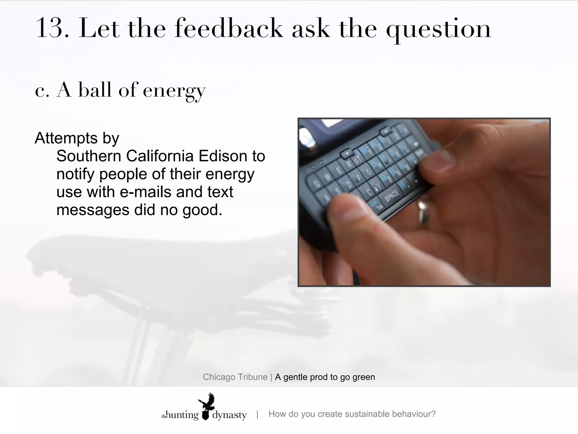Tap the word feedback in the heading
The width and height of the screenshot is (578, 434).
(x=229, y=28)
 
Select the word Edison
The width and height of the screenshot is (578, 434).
(x=223, y=156)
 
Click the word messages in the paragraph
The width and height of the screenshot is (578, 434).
(x=93, y=210)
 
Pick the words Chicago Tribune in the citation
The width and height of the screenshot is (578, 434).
(x=235, y=377)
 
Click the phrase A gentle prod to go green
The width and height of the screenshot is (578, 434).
(x=325, y=377)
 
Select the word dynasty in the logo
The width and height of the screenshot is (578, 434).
(x=229, y=415)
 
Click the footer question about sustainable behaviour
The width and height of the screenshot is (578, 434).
(x=352, y=414)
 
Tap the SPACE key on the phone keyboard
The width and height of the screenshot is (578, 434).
(x=392, y=195)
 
